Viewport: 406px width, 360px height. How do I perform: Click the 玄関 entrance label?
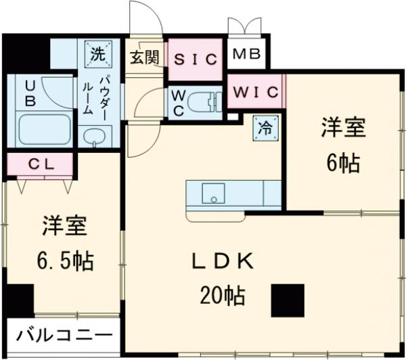144,57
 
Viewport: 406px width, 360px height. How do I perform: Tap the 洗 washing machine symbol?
97,51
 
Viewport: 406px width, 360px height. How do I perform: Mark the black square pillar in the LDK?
287,300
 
